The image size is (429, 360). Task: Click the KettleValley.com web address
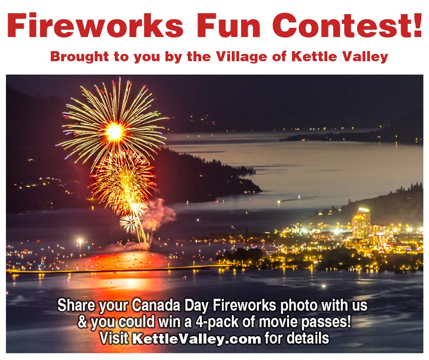197,339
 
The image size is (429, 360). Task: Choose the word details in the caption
307,339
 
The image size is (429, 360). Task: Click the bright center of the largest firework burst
114,132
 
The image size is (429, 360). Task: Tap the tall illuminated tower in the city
361,224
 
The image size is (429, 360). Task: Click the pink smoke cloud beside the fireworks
160,213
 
